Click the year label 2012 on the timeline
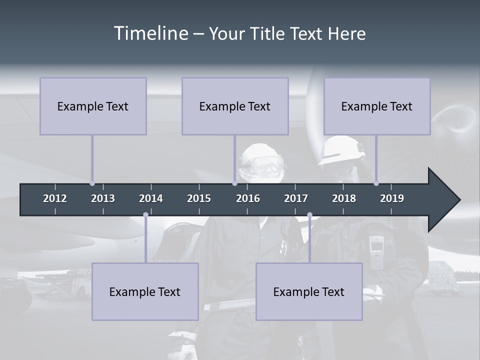pyautogui.click(x=55, y=198)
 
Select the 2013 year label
pyautogui.click(x=103, y=198)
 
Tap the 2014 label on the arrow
pyautogui.click(x=151, y=198)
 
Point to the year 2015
pyautogui.click(x=199, y=198)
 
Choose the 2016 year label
pyautogui.click(x=248, y=198)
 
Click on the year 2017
pyautogui.click(x=296, y=198)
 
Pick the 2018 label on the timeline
pyautogui.click(x=344, y=198)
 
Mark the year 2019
pyautogui.click(x=392, y=198)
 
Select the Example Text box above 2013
pyautogui.click(x=93, y=106)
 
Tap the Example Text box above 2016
pyautogui.click(x=235, y=106)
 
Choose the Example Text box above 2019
pyautogui.click(x=377, y=106)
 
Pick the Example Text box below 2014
pyautogui.click(x=145, y=291)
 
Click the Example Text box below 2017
pyautogui.click(x=309, y=291)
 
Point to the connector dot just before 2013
pyautogui.click(x=92, y=183)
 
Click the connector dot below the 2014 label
pyautogui.click(x=145, y=215)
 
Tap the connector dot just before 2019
pyautogui.click(x=376, y=183)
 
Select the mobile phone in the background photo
pyautogui.click(x=376, y=248)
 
